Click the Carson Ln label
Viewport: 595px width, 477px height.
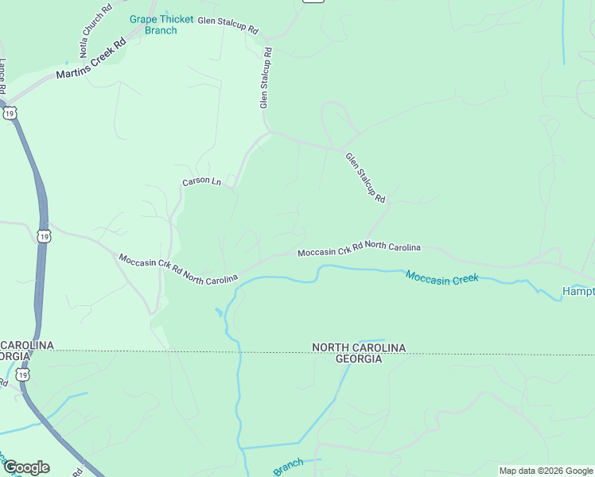click(x=201, y=181)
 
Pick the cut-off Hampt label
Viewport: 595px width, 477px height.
click(x=577, y=292)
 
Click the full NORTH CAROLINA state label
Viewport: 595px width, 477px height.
click(x=359, y=348)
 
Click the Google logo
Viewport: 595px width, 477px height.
click(x=26, y=467)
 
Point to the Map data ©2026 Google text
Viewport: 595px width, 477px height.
click(x=546, y=471)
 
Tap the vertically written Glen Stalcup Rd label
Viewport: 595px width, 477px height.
click(x=265, y=78)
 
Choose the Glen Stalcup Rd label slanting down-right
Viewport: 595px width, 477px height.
click(x=365, y=176)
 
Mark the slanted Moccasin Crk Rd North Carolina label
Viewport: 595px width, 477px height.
click(x=177, y=269)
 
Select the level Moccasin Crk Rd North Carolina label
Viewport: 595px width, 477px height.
click(x=359, y=250)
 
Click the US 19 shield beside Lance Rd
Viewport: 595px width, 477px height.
click(x=10, y=114)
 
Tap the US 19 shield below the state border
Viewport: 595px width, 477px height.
click(x=24, y=374)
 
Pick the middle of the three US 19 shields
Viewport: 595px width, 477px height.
click(x=45, y=236)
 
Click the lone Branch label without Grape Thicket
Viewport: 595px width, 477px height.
click(x=288, y=467)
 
